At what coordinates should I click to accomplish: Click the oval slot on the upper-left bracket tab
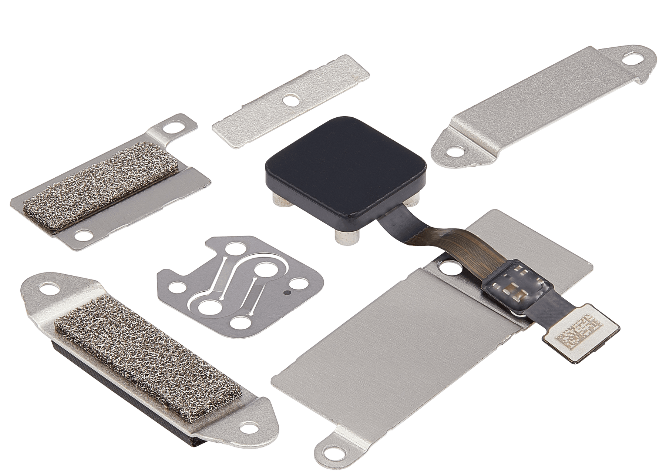click(x=173, y=128)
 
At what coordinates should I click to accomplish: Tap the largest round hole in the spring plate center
click(x=208, y=306)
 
